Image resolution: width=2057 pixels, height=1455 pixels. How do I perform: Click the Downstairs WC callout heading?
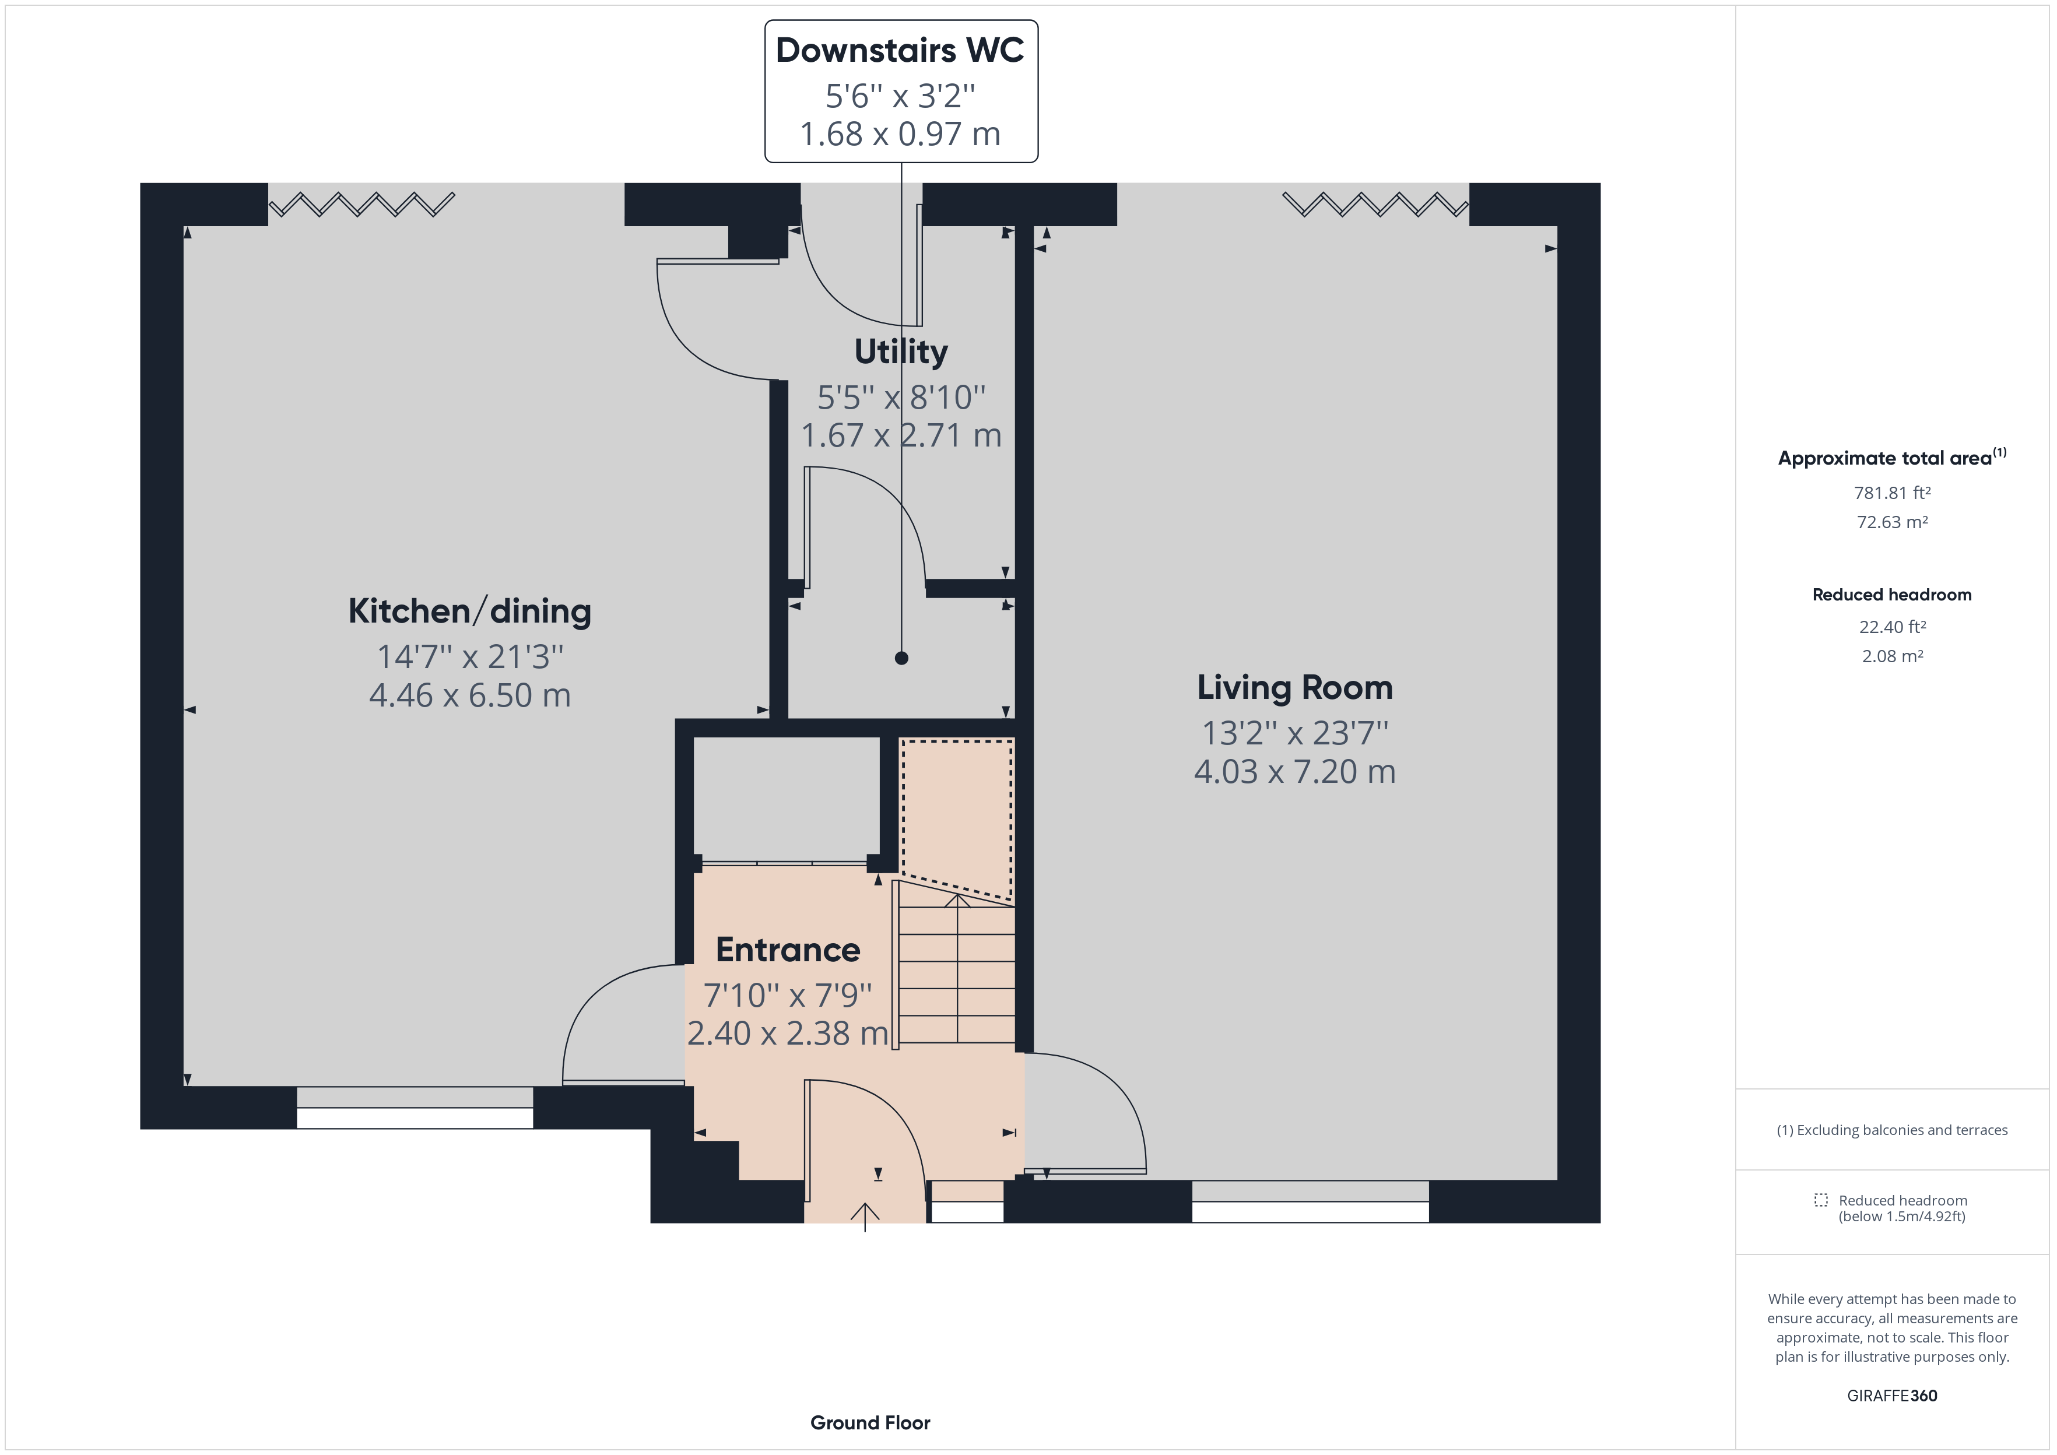pos(900,50)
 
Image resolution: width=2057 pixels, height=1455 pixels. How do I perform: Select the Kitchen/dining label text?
pos(469,611)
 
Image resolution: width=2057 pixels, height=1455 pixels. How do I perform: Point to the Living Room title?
pos(1294,687)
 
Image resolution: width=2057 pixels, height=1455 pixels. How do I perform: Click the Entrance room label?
pos(788,950)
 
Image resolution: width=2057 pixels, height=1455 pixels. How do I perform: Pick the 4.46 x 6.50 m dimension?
pos(469,695)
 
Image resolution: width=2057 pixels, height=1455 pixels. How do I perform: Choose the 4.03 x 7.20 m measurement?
pos(1294,771)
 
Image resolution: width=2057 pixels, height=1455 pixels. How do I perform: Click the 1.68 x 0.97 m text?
pos(900,133)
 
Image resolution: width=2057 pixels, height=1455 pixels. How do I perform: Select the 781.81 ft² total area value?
pos(1892,493)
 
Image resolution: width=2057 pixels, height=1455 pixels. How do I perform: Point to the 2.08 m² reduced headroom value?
pos(1892,656)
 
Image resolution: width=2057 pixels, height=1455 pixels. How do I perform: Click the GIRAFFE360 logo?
pos(1892,1395)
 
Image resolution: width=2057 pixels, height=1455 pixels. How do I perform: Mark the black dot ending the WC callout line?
pos(901,658)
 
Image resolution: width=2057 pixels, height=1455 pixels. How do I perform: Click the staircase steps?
pos(957,975)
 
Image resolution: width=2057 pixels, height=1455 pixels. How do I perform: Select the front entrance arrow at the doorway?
pos(865,1217)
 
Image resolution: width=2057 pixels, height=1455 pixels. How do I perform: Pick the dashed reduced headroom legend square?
pos(1820,1200)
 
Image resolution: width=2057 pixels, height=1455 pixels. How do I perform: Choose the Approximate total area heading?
pos(1892,457)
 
